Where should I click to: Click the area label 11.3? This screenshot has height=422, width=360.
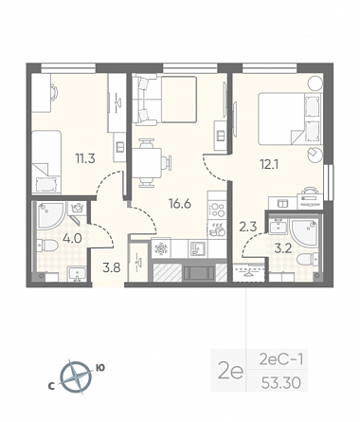click(85, 158)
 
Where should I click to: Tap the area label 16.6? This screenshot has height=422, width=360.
click(180, 204)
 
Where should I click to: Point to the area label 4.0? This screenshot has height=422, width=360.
click(73, 238)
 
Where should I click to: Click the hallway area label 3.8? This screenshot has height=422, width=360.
click(112, 268)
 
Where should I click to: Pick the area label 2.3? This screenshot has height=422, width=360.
click(247, 227)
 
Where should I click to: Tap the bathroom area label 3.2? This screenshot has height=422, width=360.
click(282, 248)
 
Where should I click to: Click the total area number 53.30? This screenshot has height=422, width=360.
click(280, 383)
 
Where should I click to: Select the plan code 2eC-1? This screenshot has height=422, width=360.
click(281, 359)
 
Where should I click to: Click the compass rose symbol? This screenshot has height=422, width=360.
click(76, 377)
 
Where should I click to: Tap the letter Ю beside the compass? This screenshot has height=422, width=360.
click(100, 368)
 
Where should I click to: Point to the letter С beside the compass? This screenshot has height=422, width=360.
click(50, 386)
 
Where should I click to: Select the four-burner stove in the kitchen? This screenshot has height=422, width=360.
click(217, 210)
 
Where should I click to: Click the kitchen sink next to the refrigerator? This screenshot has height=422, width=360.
click(198, 248)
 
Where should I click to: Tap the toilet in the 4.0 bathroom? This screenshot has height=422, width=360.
click(46, 246)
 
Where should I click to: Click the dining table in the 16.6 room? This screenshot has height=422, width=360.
click(147, 163)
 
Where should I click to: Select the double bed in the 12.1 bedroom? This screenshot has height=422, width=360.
click(290, 119)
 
